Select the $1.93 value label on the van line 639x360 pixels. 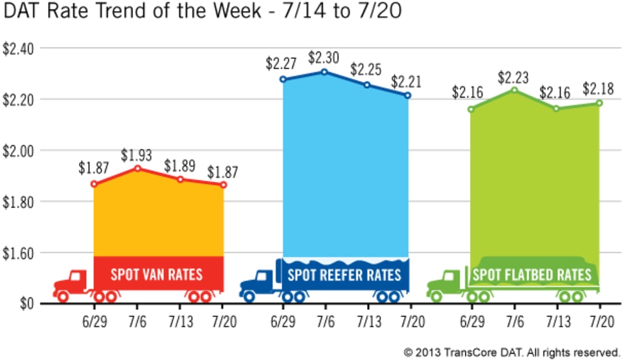click(137, 156)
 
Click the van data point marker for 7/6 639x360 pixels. click(138, 168)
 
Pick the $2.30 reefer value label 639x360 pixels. click(323, 59)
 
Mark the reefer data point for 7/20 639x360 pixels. click(408, 95)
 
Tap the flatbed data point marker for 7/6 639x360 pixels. click(513, 90)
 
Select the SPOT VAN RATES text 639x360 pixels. click(156, 273)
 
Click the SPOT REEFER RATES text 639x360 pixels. click(344, 273)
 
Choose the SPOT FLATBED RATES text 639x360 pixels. click(531, 274)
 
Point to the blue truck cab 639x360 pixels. click(261, 282)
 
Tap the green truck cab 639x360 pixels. click(448, 282)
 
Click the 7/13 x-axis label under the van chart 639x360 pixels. click(181, 322)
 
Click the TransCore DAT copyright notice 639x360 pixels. click(511, 352)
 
